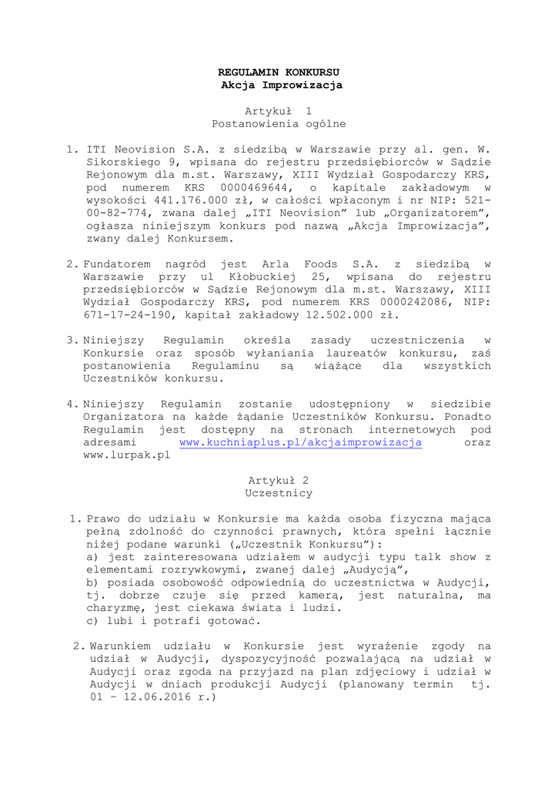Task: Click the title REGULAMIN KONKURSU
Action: (x=279, y=72)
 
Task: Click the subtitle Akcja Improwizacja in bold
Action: (x=279, y=85)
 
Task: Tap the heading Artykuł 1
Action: (x=279, y=110)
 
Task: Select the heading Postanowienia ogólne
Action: (x=279, y=123)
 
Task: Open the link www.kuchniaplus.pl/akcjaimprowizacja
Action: (x=300, y=442)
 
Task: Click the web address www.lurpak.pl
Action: (x=126, y=455)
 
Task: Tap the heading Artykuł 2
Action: (x=279, y=480)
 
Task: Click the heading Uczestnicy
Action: (x=279, y=493)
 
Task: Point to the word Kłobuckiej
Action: (x=239, y=277)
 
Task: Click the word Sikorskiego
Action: (x=119, y=162)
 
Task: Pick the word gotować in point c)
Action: (x=235, y=620)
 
